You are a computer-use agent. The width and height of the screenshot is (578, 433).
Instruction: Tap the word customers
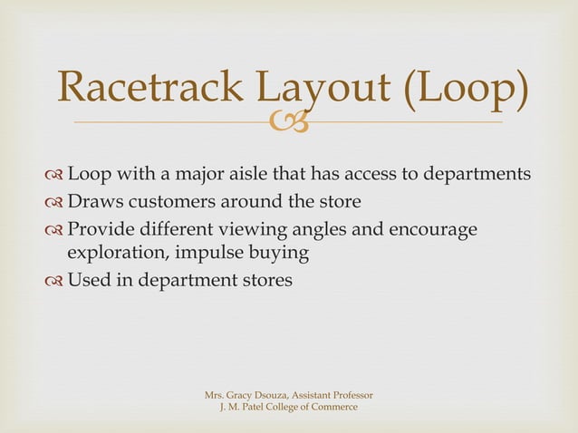coord(169,201)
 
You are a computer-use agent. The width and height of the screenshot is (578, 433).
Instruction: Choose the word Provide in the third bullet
coord(101,227)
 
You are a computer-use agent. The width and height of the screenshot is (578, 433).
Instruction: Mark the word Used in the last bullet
coord(90,280)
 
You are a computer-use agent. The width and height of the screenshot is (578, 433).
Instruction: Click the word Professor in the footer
coord(350,395)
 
